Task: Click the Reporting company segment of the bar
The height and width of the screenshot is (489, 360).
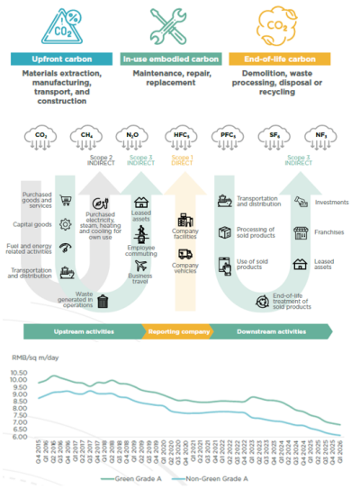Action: (x=180, y=331)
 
